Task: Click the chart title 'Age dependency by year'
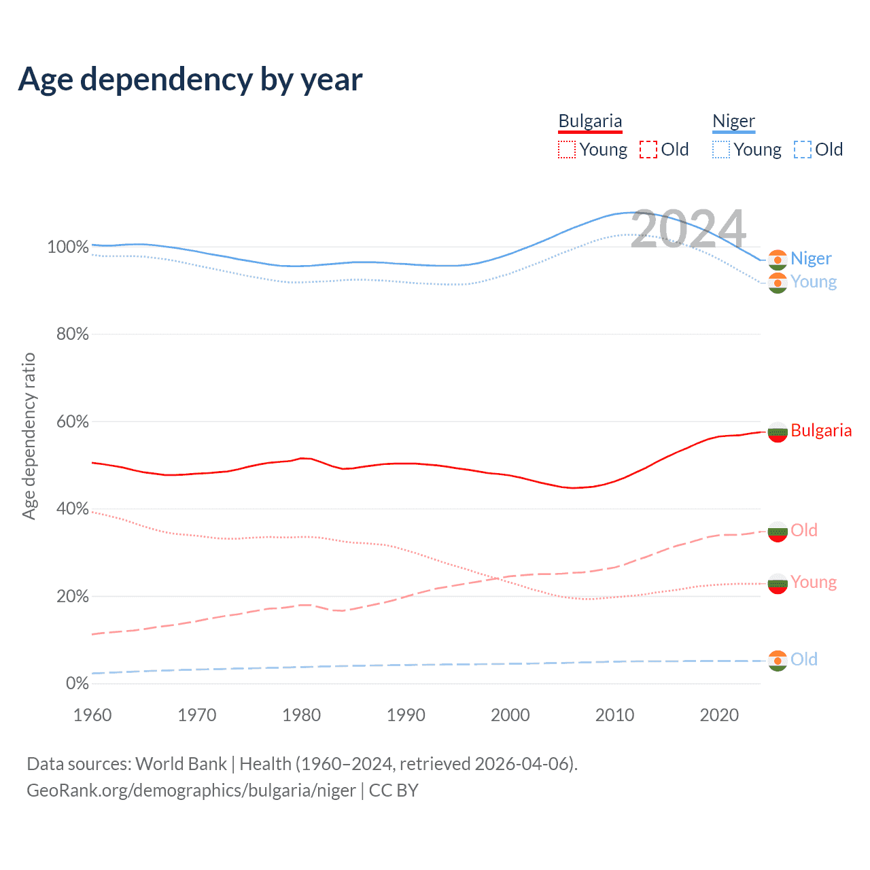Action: click(x=190, y=80)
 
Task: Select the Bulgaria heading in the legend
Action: click(x=590, y=121)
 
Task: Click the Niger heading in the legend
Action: click(x=733, y=121)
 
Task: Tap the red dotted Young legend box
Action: click(x=566, y=150)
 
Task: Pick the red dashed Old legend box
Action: click(x=648, y=150)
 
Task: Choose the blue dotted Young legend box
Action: click(x=721, y=150)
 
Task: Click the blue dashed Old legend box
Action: click(x=803, y=150)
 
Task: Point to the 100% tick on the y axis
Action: click(x=68, y=247)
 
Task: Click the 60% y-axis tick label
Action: click(x=72, y=421)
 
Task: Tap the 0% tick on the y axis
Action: click(x=77, y=683)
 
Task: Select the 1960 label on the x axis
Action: click(x=92, y=715)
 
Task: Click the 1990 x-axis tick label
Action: click(x=406, y=715)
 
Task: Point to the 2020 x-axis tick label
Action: click(x=719, y=715)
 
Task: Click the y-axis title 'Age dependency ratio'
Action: click(x=29, y=436)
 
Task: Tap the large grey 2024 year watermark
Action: click(x=689, y=228)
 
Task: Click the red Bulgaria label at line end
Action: click(x=821, y=430)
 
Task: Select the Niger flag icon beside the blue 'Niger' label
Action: click(x=778, y=260)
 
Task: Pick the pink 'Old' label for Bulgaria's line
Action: click(x=804, y=530)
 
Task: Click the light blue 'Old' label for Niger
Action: click(x=804, y=659)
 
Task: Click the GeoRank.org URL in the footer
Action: click(x=191, y=790)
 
